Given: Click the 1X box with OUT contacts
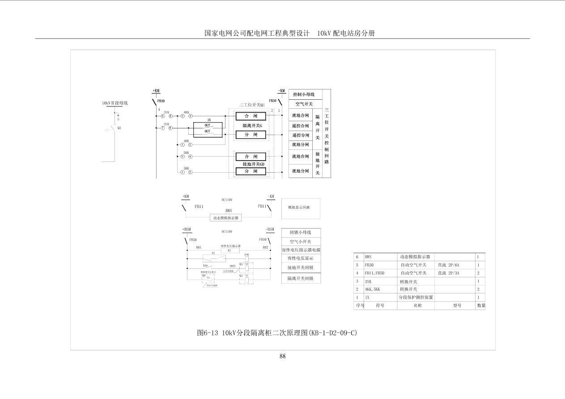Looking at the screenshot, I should click(208, 129).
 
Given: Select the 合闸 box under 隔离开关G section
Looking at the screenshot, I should click(251, 116).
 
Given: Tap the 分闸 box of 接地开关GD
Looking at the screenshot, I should click(251, 171).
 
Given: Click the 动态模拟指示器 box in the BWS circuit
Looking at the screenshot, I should click(226, 218).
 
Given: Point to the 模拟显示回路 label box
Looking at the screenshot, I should click(301, 208).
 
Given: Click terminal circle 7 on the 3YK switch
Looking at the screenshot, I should click(163, 128).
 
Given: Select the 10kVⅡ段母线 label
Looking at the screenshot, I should click(115, 103).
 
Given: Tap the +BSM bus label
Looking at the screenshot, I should click(187, 229).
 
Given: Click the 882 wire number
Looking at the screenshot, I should click(265, 247).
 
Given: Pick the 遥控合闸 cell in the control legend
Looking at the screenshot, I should click(300, 126).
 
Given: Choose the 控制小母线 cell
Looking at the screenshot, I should click(304, 94).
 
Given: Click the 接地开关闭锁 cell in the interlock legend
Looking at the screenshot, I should click(301, 267).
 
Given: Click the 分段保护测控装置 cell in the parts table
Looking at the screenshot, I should click(416, 297).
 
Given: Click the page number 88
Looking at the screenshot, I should click(282, 356).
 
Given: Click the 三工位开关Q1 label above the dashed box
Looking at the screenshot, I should click(252, 105).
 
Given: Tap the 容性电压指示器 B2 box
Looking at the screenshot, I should click(230, 250).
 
